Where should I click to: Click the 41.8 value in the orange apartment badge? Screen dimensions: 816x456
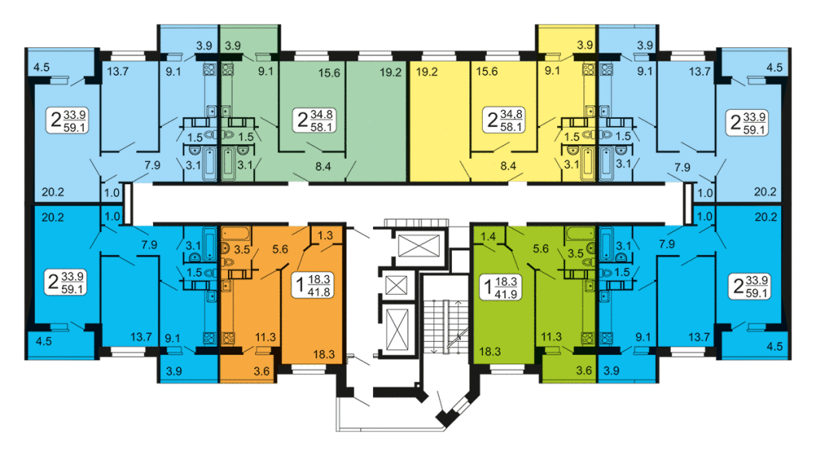(x=319, y=292)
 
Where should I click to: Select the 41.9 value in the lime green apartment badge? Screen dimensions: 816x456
(x=506, y=293)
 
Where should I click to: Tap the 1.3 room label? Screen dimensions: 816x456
(x=325, y=235)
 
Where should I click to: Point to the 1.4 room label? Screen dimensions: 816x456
(x=488, y=237)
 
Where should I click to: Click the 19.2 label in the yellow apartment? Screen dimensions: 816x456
(x=427, y=72)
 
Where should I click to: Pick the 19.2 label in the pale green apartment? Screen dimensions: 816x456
(x=390, y=73)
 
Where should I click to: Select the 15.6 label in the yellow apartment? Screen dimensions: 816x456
(x=487, y=71)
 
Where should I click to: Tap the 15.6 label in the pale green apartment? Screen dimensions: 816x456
(x=329, y=73)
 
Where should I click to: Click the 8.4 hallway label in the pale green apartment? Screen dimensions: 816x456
(x=324, y=167)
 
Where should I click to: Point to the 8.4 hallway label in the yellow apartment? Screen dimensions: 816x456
(x=508, y=166)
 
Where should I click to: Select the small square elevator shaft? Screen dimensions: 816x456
(x=395, y=285)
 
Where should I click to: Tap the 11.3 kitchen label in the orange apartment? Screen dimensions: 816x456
(x=265, y=337)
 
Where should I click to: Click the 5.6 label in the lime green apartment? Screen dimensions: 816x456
(x=541, y=249)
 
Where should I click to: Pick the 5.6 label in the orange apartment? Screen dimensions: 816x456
(x=280, y=250)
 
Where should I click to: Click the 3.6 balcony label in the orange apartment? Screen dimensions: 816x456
(x=261, y=371)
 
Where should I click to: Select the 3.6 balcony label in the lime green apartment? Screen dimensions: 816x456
(x=584, y=371)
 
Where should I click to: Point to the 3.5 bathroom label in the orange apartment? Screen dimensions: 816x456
(x=242, y=250)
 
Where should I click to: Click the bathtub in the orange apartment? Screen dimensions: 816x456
(x=237, y=233)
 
